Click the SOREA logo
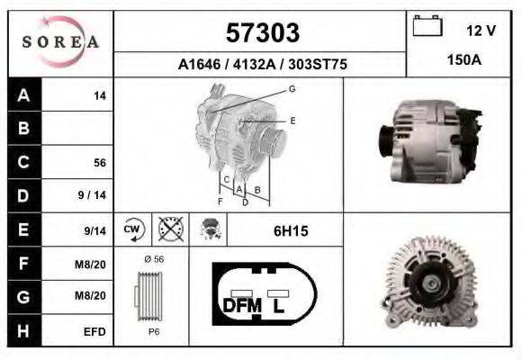[59, 42]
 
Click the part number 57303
[262, 33]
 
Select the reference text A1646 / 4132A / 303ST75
[262, 65]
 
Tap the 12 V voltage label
[481, 30]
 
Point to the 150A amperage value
[464, 59]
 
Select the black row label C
[23, 163]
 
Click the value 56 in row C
[99, 163]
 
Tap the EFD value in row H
[94, 331]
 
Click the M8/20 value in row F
[94, 264]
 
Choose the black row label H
[23, 331]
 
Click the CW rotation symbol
[133, 229]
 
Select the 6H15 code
[291, 231]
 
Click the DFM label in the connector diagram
[241, 306]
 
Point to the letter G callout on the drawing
[292, 88]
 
